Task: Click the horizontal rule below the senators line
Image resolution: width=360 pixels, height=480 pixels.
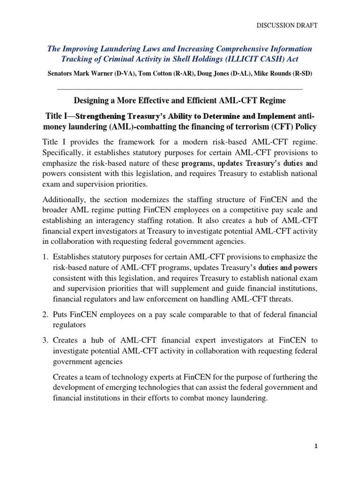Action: [x=180, y=89]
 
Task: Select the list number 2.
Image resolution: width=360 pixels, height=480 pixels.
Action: [x=45, y=314]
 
